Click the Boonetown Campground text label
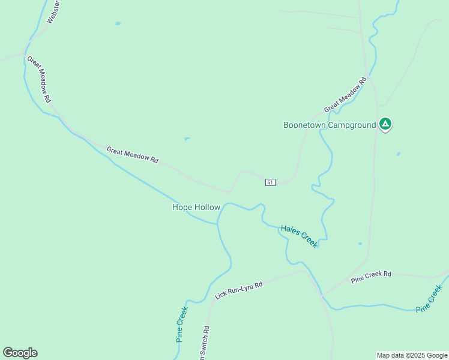330,125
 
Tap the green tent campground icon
385,125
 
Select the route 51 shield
270,182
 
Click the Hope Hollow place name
196,207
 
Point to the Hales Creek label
299,236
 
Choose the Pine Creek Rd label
371,277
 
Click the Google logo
20,353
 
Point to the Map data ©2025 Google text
412,355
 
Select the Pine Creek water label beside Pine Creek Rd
430,298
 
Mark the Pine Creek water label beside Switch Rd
182,325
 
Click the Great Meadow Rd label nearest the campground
345,94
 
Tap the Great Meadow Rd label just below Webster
39,78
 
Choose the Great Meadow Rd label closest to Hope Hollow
132,155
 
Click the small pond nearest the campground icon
398,154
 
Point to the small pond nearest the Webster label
118,24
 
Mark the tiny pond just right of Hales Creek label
360,244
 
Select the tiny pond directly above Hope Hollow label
187,139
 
